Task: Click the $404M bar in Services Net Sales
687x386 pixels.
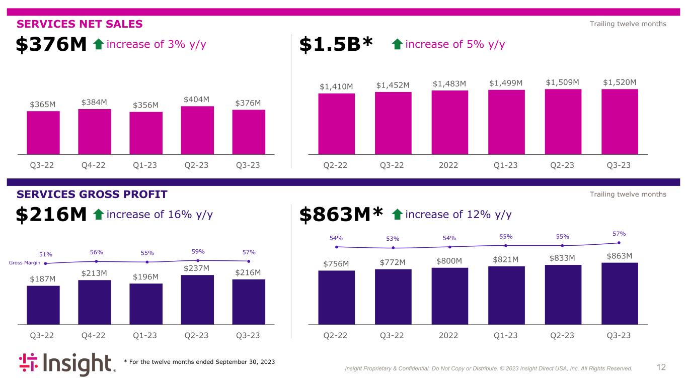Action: (x=197, y=130)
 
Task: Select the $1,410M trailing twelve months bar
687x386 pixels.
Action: (x=336, y=123)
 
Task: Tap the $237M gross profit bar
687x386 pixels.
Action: (x=197, y=299)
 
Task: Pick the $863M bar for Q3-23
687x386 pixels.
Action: (x=620, y=293)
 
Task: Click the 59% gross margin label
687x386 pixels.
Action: (x=198, y=251)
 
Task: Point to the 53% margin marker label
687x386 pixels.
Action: (x=393, y=239)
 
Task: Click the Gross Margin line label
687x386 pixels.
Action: (x=25, y=263)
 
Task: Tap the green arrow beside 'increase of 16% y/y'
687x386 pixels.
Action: (x=99, y=215)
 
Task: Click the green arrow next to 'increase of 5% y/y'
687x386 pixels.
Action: (x=397, y=45)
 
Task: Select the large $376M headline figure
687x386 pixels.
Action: (x=51, y=45)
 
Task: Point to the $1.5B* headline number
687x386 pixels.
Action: (x=336, y=45)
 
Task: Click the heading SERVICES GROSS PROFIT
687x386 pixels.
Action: (x=92, y=195)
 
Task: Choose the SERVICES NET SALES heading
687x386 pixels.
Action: (x=80, y=24)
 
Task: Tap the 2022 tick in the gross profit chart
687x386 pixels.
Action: (x=448, y=336)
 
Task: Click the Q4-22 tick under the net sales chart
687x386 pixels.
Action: (x=94, y=165)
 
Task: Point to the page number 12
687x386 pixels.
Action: (x=661, y=367)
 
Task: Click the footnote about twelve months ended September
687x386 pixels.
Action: (x=199, y=362)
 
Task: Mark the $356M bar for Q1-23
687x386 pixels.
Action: (x=146, y=133)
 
